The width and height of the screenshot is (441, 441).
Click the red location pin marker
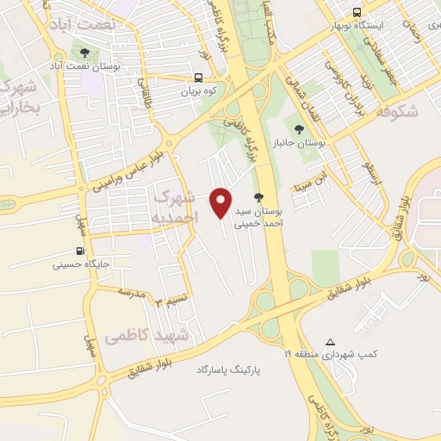(x=221, y=202)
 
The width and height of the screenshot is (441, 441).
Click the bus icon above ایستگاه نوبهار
(x=357, y=12)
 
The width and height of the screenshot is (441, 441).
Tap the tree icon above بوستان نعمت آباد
(x=84, y=51)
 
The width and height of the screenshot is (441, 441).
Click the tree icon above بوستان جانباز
(x=299, y=129)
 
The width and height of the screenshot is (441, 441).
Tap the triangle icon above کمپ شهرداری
(x=331, y=341)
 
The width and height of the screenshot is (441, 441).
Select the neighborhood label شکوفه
(x=397, y=110)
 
